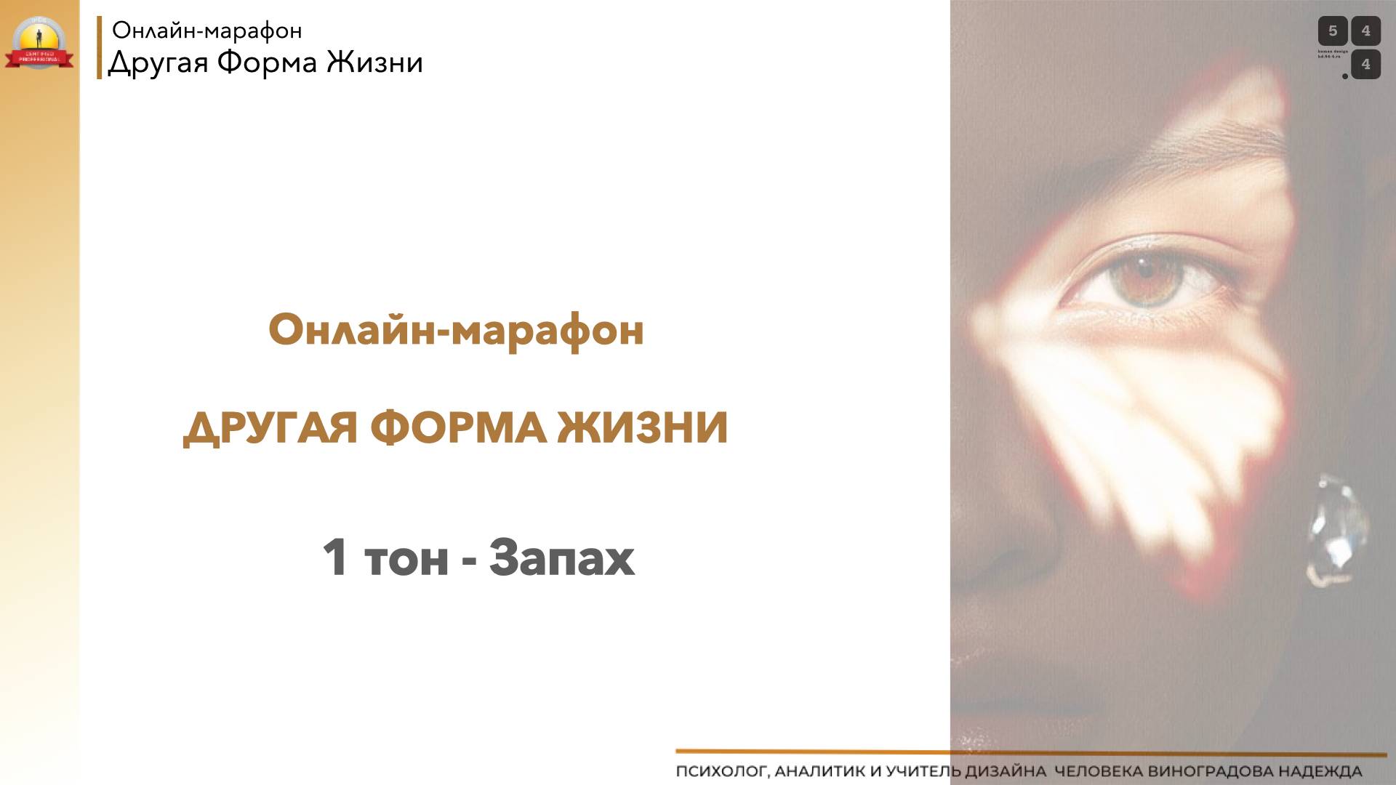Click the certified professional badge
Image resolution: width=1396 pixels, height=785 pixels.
(39, 44)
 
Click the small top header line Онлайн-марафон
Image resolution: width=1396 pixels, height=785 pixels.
(206, 31)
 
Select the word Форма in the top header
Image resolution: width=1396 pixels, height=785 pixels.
(267, 63)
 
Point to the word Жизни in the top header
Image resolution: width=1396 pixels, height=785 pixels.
(374, 63)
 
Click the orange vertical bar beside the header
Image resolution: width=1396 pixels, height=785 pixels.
(99, 47)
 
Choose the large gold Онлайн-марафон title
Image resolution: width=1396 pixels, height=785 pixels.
(456, 330)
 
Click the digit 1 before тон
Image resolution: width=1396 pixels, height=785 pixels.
(334, 558)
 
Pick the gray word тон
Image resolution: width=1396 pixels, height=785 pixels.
(406, 560)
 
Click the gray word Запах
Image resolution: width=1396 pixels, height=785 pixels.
(561, 558)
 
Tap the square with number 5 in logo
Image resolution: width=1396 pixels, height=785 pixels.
(1333, 31)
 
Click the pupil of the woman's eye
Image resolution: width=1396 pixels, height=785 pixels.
(1144, 271)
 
